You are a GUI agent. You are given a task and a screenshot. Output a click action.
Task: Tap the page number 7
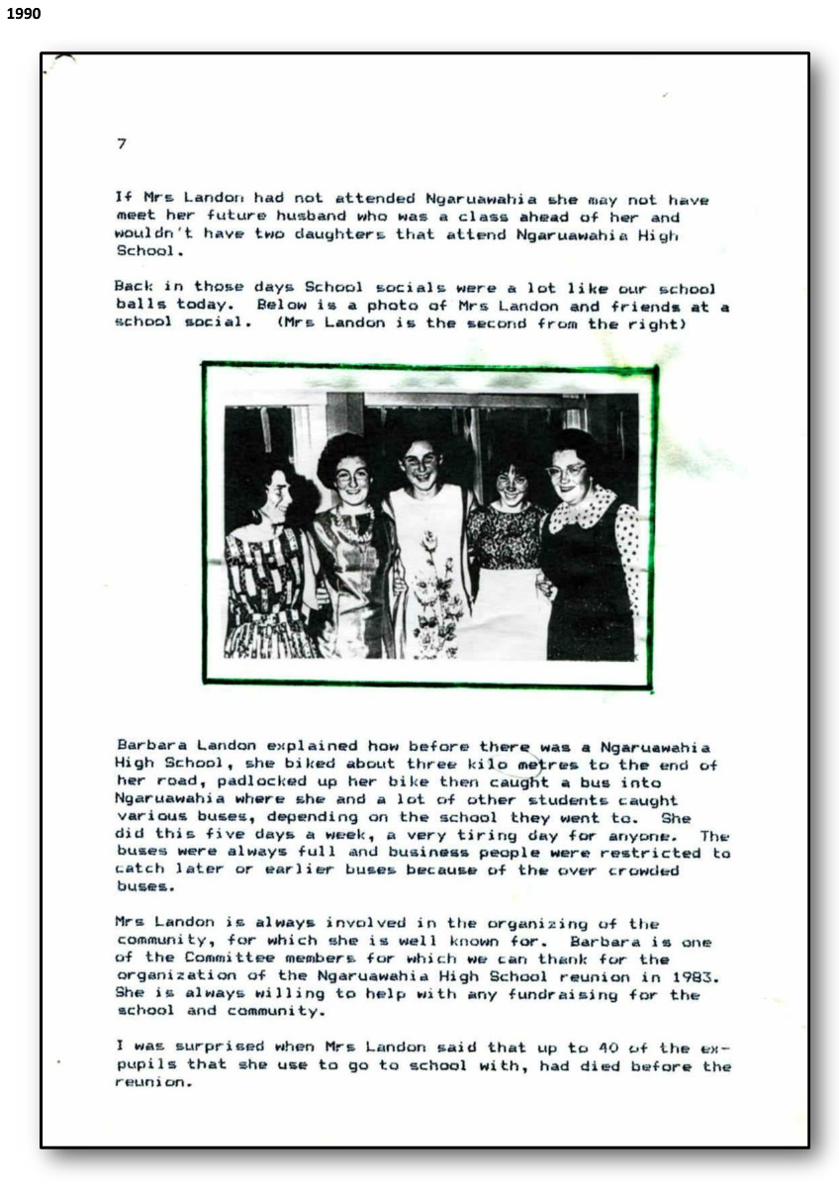click(x=121, y=143)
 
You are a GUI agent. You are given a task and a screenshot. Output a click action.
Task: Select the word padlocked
click(x=228, y=782)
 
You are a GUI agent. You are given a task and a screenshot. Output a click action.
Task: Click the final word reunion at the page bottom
click(x=148, y=1083)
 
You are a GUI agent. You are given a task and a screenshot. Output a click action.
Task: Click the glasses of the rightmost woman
click(x=566, y=471)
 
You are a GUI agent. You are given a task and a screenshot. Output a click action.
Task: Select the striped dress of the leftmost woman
click(x=267, y=593)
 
